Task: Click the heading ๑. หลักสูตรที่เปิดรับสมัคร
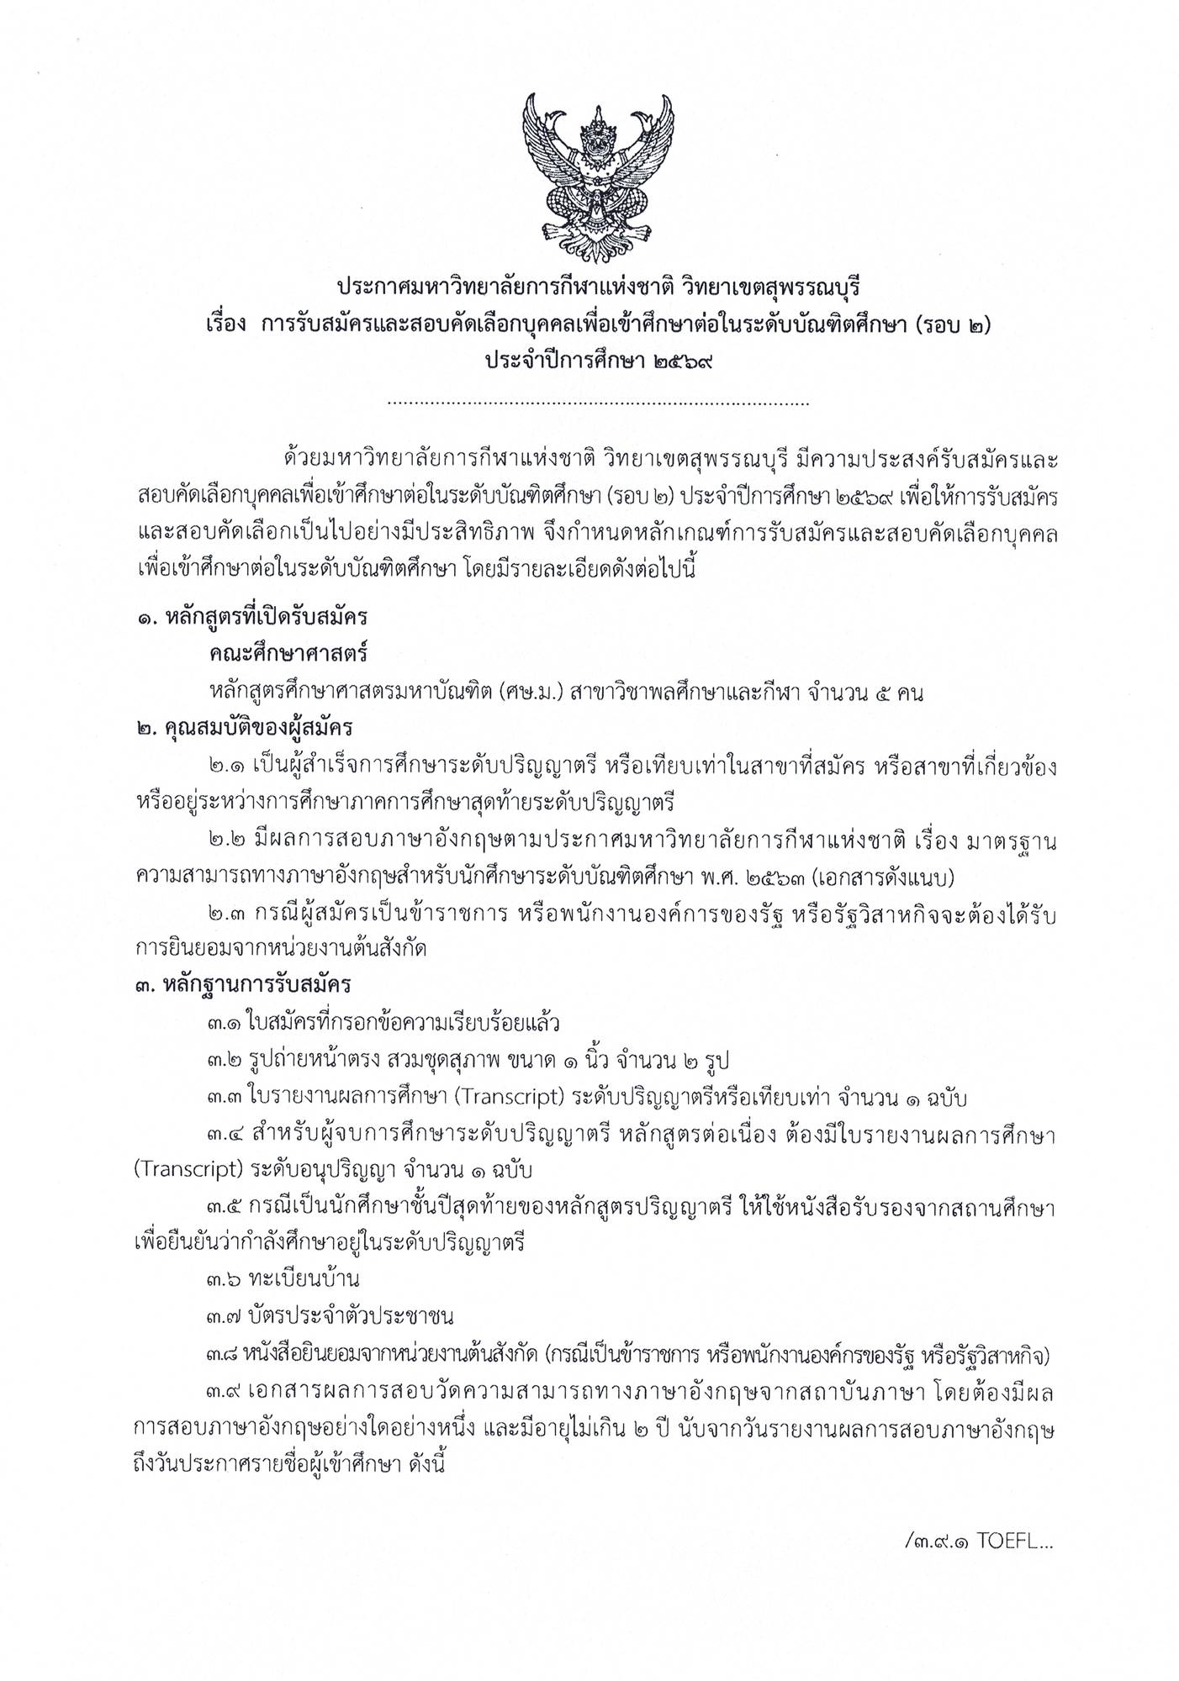[252, 618]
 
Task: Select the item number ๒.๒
[226, 840]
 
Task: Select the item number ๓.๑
[225, 1023]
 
